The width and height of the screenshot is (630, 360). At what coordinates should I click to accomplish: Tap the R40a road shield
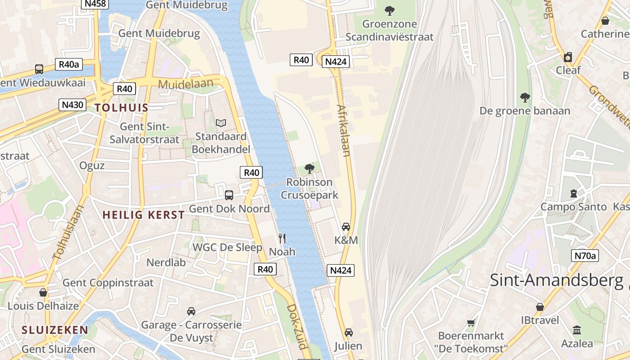click(69, 64)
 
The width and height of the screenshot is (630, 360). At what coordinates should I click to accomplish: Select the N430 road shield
click(72, 105)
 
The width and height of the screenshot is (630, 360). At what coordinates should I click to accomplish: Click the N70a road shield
click(585, 256)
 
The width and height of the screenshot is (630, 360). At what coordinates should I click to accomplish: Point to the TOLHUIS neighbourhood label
click(121, 108)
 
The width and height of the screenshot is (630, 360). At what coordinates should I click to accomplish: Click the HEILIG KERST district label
click(144, 215)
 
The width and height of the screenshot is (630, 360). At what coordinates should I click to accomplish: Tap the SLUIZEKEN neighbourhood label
click(55, 330)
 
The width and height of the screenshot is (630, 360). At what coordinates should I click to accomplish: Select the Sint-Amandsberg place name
click(557, 280)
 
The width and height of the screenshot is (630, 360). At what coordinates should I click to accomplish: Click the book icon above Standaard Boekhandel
click(220, 123)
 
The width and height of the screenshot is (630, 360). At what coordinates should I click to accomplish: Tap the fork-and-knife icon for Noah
click(282, 238)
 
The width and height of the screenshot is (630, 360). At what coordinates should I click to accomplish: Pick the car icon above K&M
click(346, 226)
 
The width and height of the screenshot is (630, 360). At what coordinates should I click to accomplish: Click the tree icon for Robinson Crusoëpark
click(309, 169)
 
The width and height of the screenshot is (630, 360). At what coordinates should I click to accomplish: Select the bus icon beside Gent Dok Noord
click(229, 195)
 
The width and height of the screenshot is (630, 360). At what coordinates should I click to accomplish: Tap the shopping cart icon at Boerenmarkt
click(471, 322)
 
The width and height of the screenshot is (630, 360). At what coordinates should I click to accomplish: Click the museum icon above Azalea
click(577, 330)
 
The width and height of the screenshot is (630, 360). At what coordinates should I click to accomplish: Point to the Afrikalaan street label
click(343, 130)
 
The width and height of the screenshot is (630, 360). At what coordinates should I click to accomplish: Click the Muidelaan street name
click(185, 84)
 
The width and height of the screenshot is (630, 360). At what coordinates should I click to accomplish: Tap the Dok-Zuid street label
click(297, 327)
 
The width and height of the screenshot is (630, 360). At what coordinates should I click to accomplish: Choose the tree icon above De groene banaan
click(525, 97)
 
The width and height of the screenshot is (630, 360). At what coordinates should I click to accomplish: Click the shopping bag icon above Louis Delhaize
click(43, 292)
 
